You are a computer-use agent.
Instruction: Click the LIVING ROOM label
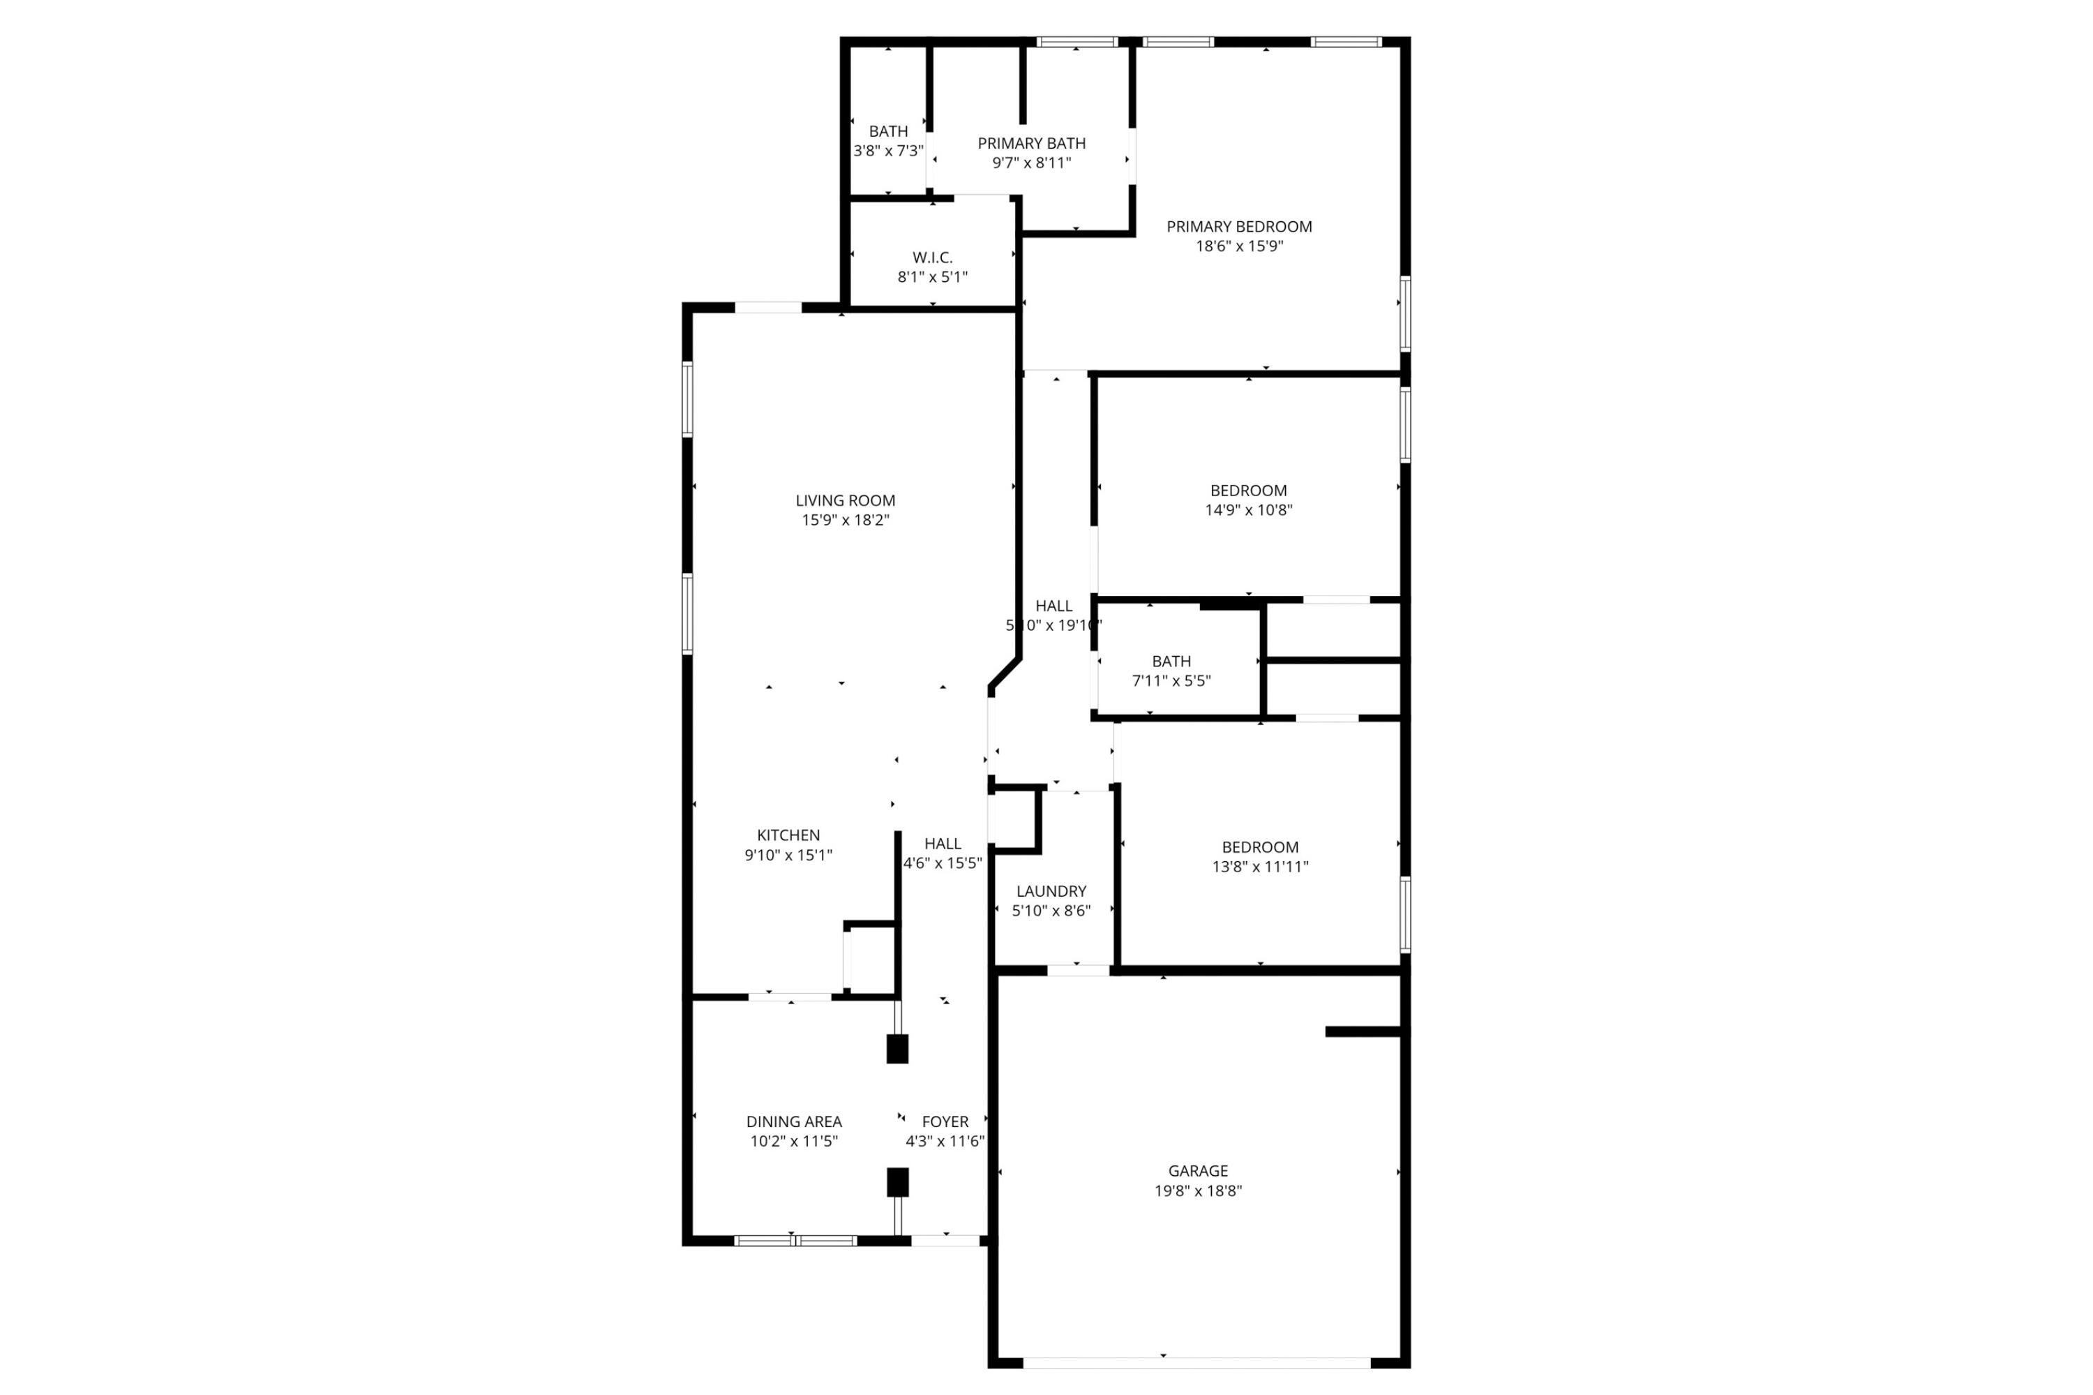[x=844, y=500]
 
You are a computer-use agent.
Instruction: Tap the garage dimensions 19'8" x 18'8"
[x=1197, y=1191]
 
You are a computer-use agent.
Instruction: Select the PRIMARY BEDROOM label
[x=1238, y=226]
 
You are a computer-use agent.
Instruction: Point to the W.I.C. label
[x=931, y=257]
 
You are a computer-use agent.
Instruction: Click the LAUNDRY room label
[x=1051, y=890]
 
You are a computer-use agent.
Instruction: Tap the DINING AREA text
[x=793, y=1121]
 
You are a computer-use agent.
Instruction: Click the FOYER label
[x=944, y=1121]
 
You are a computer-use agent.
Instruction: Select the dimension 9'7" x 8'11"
[x=1031, y=163]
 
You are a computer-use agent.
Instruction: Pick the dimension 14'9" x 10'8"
[x=1248, y=510]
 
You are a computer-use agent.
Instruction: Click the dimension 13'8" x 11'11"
[x=1259, y=865]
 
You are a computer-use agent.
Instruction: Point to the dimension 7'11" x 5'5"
[x=1171, y=680]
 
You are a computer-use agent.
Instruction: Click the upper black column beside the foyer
[x=897, y=1049]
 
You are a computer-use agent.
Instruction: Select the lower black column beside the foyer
[x=897, y=1182]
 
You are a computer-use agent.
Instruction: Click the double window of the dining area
[x=795, y=1240]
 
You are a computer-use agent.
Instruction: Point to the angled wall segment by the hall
[x=1003, y=673]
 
